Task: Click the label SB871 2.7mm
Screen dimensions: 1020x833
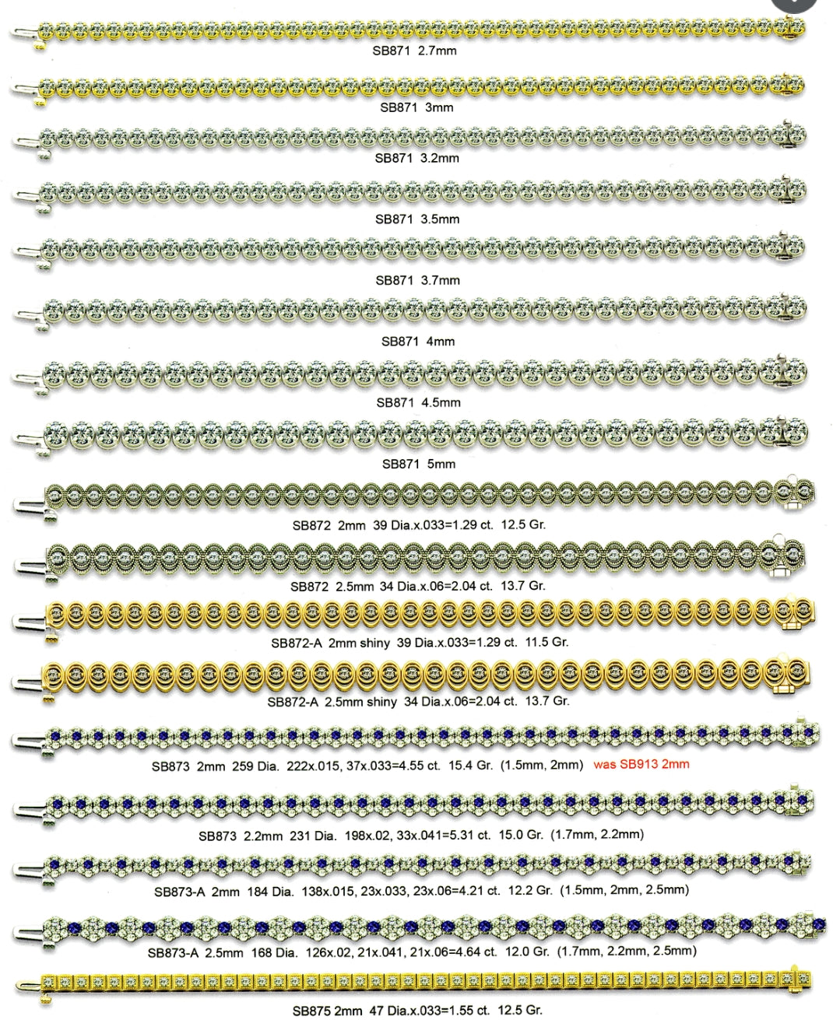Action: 416,51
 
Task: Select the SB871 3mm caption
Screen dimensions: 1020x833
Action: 416,107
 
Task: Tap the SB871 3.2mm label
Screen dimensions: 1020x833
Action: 416,158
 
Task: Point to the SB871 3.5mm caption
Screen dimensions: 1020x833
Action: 417,219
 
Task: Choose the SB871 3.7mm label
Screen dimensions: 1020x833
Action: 417,280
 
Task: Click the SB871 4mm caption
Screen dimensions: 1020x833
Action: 417,341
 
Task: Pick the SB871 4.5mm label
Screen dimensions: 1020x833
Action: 418,402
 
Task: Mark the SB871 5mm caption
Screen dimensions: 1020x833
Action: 418,464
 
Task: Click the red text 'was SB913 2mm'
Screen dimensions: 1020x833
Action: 641,764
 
